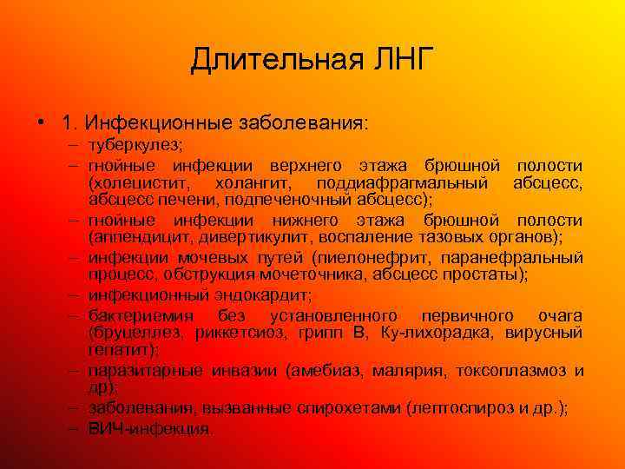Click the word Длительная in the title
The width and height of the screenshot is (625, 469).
pos(260,60)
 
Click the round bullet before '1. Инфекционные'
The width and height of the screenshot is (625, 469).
pos(42,122)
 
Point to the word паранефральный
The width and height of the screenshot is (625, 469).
pos(512,258)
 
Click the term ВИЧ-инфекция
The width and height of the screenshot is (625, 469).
pos(148,428)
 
